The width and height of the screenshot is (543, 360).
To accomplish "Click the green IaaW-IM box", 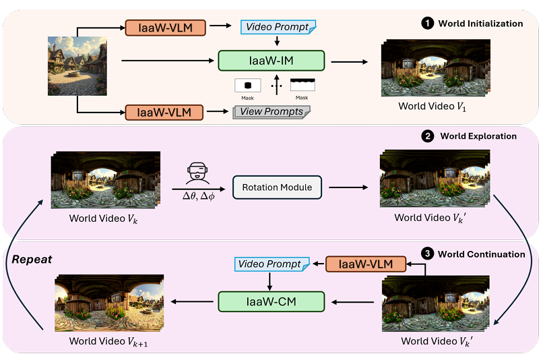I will (x=271, y=61).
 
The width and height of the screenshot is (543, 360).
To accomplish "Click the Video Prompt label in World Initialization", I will (x=277, y=27).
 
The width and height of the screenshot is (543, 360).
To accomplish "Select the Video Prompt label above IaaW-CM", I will (x=270, y=264).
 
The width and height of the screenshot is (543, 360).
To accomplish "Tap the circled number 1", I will (x=426, y=24).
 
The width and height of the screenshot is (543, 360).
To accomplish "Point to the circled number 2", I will (x=427, y=136).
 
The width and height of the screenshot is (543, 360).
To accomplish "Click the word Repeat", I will (x=31, y=258).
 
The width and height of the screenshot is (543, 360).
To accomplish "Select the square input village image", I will (x=77, y=65).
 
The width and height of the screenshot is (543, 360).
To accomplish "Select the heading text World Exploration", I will (x=478, y=136).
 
